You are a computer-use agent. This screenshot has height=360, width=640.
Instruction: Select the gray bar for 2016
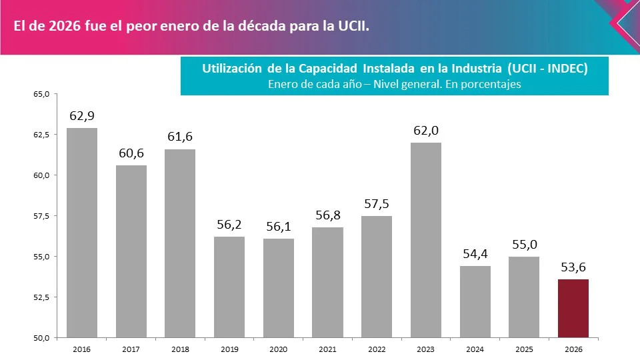82,233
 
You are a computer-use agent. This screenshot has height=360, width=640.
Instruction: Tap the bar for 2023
425,240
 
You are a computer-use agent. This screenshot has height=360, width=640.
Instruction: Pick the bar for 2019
229,287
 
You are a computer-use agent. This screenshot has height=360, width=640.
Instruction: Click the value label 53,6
573,268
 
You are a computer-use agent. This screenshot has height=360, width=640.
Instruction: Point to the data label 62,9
82,116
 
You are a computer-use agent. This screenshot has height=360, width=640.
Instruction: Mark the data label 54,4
475,254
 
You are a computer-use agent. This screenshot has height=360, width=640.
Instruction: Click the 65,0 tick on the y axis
41,94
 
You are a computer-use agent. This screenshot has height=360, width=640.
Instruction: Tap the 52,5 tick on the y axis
41,297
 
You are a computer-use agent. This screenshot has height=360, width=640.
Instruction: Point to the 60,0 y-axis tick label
41,175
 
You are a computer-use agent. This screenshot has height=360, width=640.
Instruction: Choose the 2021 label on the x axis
327,349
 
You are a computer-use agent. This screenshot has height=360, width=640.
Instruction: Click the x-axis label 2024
475,349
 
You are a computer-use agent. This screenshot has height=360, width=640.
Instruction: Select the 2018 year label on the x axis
180,349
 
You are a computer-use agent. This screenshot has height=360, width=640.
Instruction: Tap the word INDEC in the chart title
564,69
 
